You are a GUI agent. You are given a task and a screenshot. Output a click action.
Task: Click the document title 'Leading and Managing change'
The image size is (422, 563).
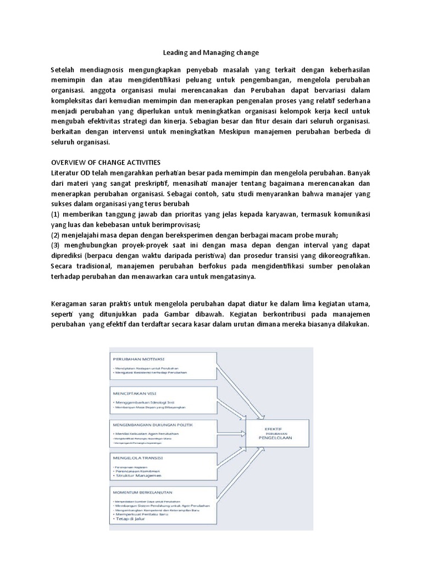(211, 53)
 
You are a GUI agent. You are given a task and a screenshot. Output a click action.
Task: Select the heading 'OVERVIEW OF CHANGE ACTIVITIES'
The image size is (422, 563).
(105, 162)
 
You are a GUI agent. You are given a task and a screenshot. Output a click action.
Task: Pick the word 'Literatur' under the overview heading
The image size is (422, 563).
(66, 173)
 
